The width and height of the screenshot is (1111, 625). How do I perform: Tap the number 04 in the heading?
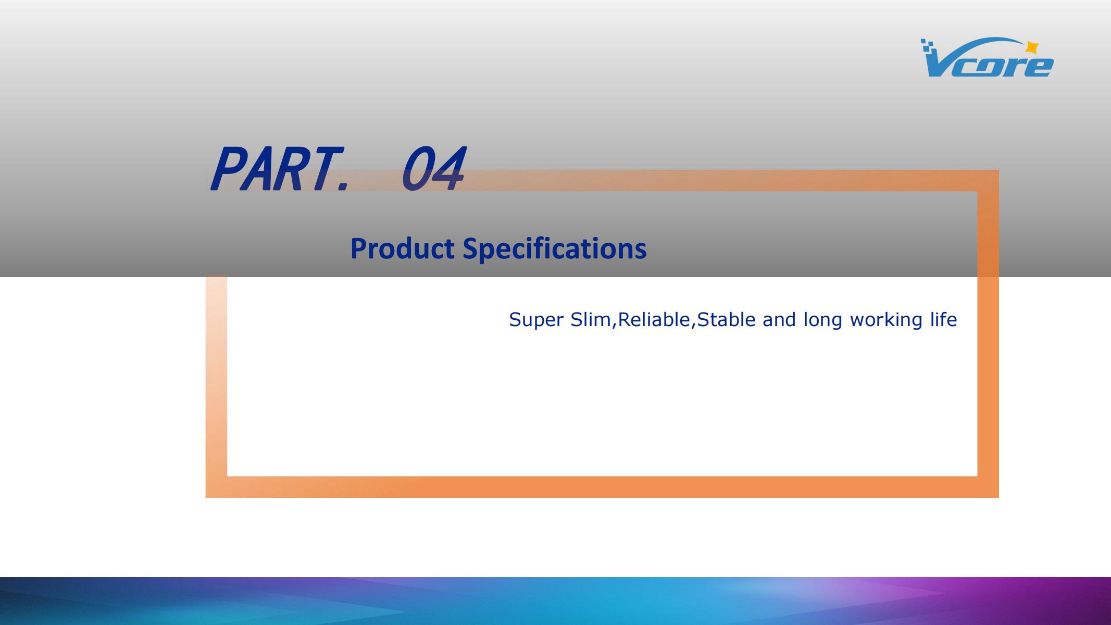(433, 169)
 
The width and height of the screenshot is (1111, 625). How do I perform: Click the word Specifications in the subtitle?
(555, 249)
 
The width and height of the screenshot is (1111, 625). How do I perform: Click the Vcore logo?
(987, 57)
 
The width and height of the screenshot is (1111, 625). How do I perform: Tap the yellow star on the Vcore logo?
(1031, 47)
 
